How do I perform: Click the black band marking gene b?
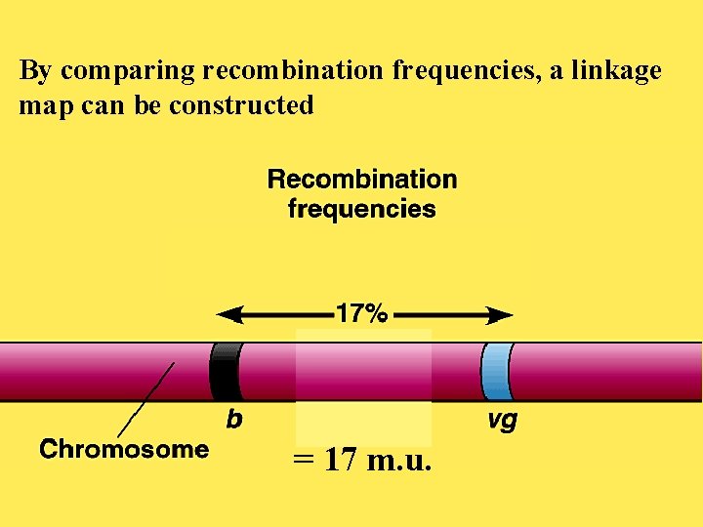tap(226, 372)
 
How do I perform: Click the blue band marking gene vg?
tap(496, 372)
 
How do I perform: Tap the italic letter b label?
tap(234, 420)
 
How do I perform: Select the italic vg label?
tap(501, 422)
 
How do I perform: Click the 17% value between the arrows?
tap(362, 314)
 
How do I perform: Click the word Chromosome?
tap(124, 450)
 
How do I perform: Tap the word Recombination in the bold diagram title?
tap(362, 180)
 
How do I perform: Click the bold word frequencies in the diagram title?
tap(362, 209)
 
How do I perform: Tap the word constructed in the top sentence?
tap(241, 104)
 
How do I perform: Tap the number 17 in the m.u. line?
tap(340, 459)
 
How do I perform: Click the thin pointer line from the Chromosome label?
tap(146, 400)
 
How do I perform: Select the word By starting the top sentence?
tap(35, 71)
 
